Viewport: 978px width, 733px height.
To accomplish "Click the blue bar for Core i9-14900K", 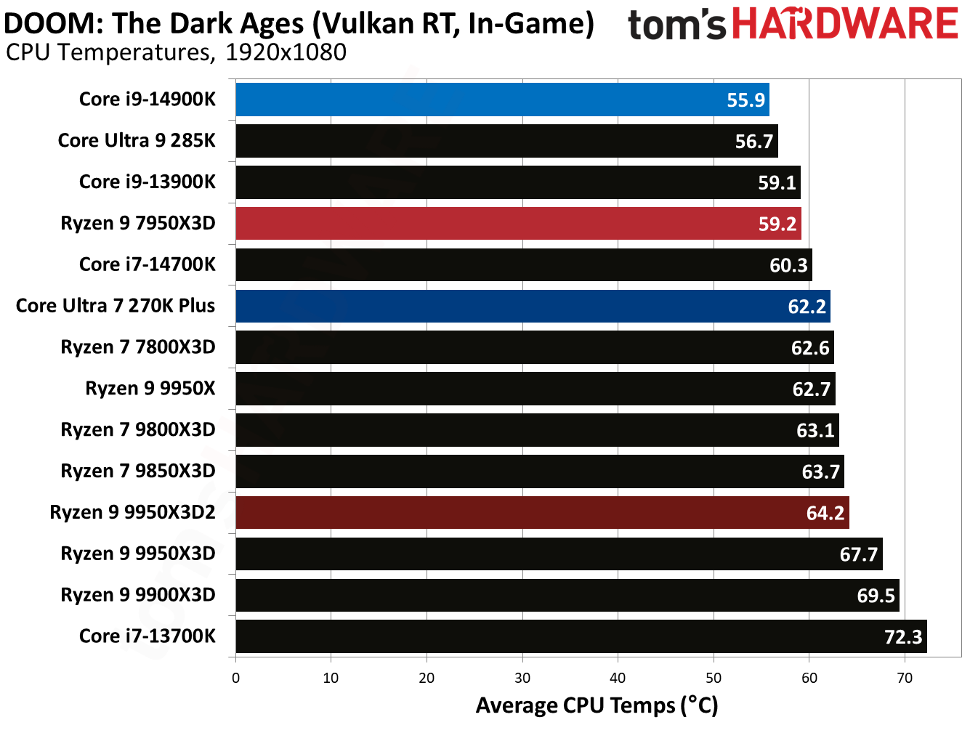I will (501, 100).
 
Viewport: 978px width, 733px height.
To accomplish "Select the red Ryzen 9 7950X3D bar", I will (517, 224).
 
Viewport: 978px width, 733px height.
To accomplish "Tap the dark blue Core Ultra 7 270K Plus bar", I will (532, 306).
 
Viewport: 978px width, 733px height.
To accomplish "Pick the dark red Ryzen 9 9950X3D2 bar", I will (541, 513).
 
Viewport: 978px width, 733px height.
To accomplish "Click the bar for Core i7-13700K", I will (581, 636).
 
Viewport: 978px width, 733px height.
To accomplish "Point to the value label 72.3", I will (902, 637).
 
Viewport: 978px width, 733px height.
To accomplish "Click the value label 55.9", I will (745, 100).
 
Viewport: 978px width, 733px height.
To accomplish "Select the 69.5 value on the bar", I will (876, 596).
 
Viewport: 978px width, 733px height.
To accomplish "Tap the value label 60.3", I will (788, 265).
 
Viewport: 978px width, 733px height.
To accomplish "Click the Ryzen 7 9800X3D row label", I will (138, 430).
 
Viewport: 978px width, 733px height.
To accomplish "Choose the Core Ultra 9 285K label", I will (137, 140).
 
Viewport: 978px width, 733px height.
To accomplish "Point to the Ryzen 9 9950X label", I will (150, 389).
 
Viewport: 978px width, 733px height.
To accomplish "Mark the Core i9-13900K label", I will (147, 182).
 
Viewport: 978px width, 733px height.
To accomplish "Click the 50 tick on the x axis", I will (714, 678).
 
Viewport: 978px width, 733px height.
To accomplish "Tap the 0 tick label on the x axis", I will (235, 678).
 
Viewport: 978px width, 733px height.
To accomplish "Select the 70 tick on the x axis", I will (905, 678).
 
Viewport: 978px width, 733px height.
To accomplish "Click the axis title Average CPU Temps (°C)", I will (597, 705).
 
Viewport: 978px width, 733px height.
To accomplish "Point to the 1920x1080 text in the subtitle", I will (286, 52).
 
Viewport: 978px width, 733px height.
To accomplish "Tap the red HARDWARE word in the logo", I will (845, 24).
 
